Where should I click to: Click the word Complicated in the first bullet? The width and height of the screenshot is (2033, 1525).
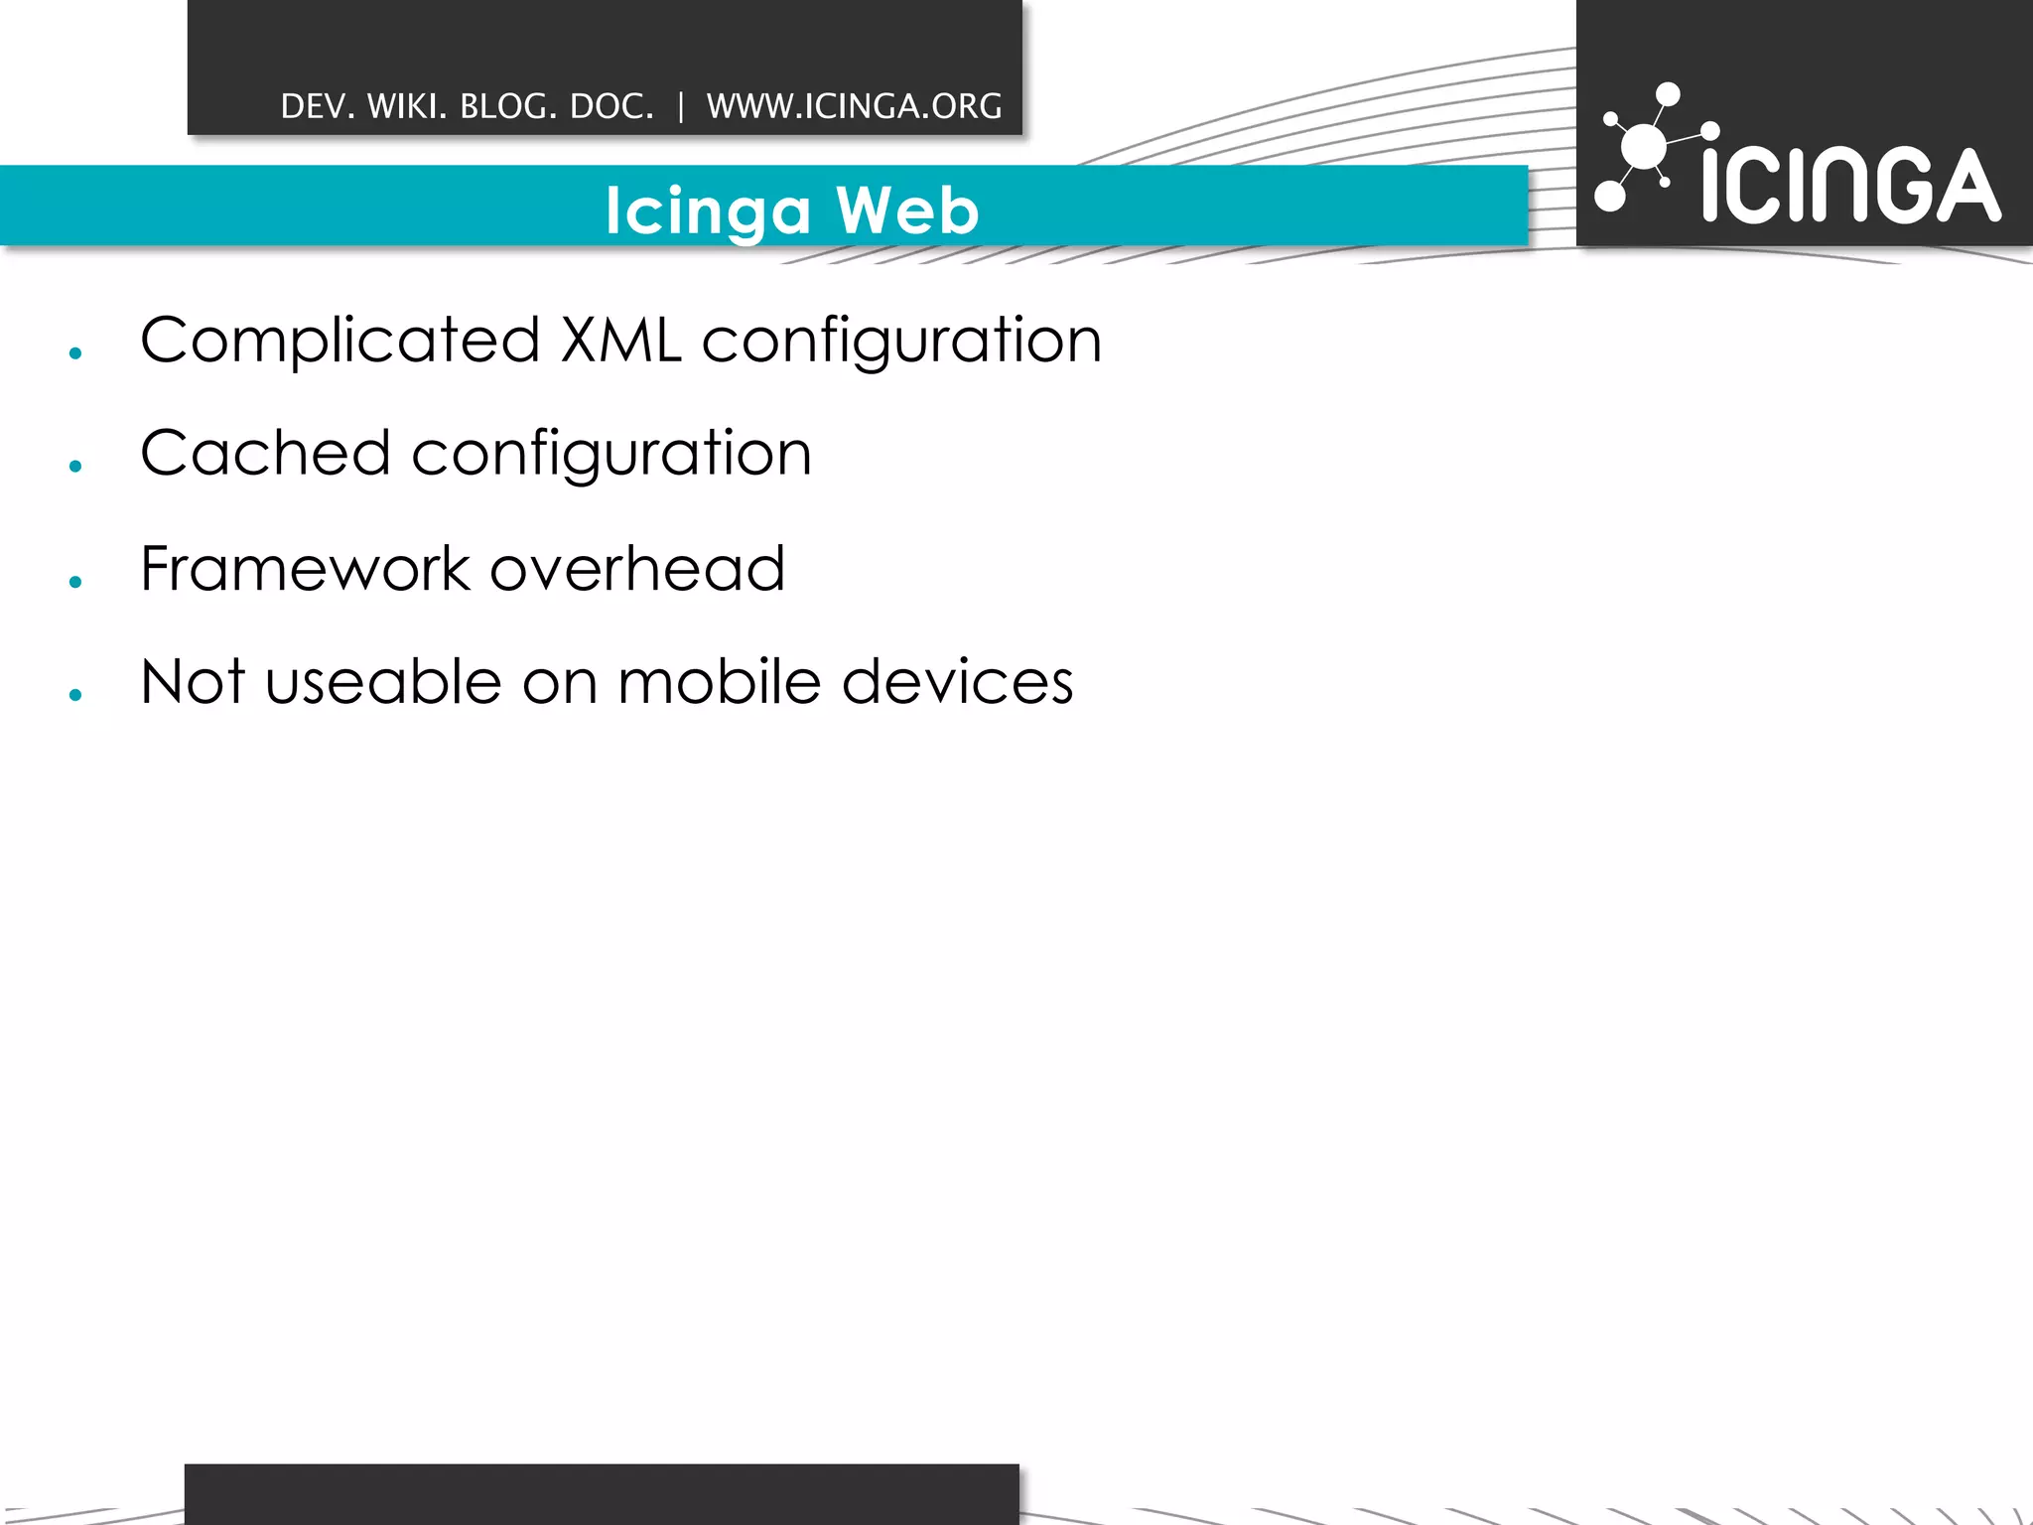(x=339, y=341)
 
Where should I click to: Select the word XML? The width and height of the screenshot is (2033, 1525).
(x=620, y=341)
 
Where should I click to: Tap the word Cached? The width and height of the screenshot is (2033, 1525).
(x=265, y=454)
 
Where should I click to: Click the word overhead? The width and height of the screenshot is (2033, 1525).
(x=637, y=569)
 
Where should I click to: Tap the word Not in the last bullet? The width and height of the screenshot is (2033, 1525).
(x=192, y=682)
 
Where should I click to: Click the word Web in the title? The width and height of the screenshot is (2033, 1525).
(x=907, y=210)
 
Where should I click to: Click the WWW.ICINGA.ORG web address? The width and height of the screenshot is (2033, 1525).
(x=854, y=106)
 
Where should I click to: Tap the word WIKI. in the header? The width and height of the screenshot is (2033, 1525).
(x=406, y=106)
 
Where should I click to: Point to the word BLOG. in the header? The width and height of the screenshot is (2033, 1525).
(x=507, y=106)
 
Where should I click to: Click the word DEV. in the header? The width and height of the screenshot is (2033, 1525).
(x=318, y=106)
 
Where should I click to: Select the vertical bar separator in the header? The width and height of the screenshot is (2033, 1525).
(x=681, y=106)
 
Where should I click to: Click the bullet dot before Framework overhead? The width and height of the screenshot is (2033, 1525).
(x=75, y=583)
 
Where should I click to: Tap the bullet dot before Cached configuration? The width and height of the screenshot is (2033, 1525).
(x=75, y=467)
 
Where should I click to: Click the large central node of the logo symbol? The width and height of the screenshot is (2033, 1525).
(x=1644, y=148)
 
